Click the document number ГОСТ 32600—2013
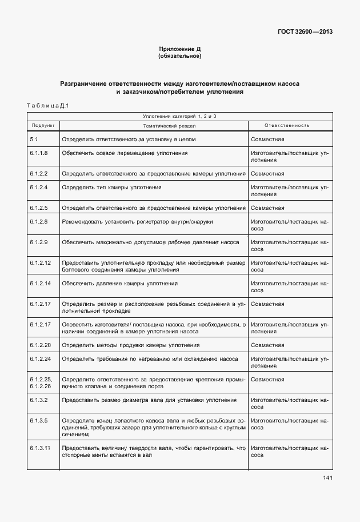(x=305, y=31)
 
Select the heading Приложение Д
(x=179, y=50)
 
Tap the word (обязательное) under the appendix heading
(x=179, y=57)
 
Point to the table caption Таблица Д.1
(x=47, y=105)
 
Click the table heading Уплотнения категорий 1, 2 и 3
(x=179, y=115)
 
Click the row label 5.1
(x=34, y=139)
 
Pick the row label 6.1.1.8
(x=38, y=153)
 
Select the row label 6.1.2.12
(x=40, y=262)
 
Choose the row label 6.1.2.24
(x=40, y=359)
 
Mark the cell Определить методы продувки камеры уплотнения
(x=131, y=345)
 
